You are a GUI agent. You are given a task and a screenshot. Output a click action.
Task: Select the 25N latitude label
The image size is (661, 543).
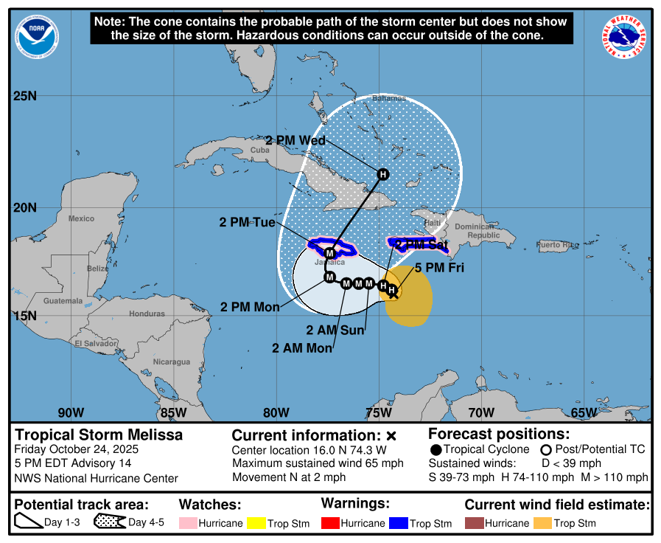pyautogui.click(x=25, y=97)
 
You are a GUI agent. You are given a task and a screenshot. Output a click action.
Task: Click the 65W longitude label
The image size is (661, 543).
pyautogui.click(x=584, y=412)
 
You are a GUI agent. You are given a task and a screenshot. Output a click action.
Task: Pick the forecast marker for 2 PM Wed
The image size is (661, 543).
pyautogui.click(x=382, y=174)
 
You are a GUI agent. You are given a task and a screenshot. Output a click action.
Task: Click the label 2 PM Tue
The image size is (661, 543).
pyautogui.click(x=248, y=221)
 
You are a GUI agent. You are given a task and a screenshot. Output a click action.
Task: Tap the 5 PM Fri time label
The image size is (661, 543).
pyautogui.click(x=439, y=269)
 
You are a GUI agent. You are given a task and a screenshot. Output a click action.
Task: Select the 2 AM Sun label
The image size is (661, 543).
pyautogui.click(x=335, y=330)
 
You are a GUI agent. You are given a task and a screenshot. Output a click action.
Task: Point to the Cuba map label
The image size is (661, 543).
pyautogui.click(x=260, y=150)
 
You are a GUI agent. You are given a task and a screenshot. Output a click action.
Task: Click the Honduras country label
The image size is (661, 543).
pyautogui.click(x=147, y=314)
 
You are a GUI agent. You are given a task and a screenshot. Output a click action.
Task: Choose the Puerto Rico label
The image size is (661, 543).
pyautogui.click(x=557, y=244)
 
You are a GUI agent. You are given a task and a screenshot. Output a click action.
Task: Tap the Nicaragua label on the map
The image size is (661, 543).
pyautogui.click(x=172, y=362)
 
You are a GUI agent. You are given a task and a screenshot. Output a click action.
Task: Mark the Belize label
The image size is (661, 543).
pyautogui.click(x=97, y=269)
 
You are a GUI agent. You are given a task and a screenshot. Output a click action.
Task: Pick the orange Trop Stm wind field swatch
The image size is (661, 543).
pyautogui.click(x=542, y=523)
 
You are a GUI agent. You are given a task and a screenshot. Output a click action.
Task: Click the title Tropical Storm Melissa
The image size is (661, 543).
pyautogui.click(x=99, y=435)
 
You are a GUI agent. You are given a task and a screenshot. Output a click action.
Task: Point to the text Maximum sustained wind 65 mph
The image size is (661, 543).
pyautogui.click(x=318, y=463)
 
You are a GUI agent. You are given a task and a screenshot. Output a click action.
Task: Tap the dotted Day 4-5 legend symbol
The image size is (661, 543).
pyautogui.click(x=109, y=522)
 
